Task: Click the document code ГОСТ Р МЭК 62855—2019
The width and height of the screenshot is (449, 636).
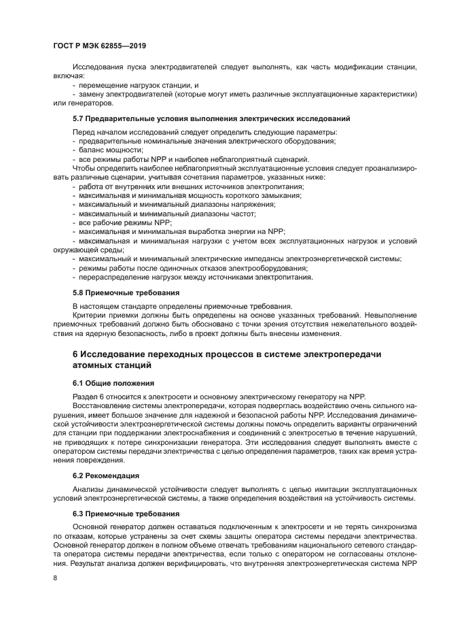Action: pos(100,46)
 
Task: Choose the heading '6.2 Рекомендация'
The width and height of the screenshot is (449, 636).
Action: pos(107,475)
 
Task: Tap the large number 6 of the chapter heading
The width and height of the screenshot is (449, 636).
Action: pos(75,354)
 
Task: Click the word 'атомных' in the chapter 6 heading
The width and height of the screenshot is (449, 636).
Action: pos(96,366)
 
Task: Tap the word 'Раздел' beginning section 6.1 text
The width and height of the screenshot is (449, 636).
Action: pos(85,397)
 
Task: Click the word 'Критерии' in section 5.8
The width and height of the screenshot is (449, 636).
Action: pos(88,316)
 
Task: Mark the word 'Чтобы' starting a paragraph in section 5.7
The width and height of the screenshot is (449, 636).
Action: pos(83,168)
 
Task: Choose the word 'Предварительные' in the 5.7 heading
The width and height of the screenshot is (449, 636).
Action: pos(118,119)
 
